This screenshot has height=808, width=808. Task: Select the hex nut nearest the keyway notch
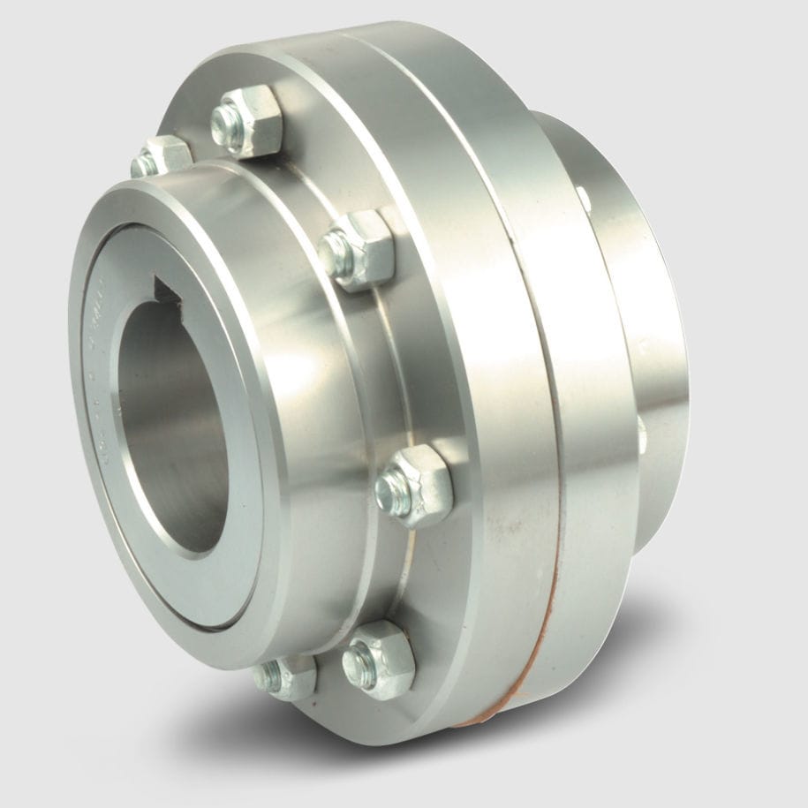[x=359, y=250]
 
